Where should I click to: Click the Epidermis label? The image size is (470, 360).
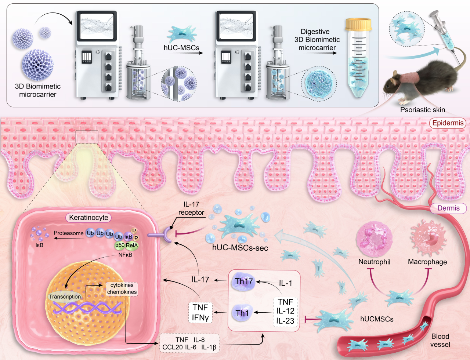(448, 123)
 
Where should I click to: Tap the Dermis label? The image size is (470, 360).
(448, 208)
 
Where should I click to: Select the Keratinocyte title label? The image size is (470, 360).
(88, 218)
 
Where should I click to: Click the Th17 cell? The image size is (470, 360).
(244, 281)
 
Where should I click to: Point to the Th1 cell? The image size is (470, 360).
(242, 313)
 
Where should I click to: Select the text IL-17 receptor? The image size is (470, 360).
(191, 208)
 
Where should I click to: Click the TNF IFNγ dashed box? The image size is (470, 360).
(200, 312)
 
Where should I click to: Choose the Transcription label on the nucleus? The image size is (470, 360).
(65, 297)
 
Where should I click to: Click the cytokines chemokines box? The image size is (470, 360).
(122, 288)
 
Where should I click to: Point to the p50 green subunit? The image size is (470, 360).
(120, 245)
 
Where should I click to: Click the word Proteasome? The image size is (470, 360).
(68, 233)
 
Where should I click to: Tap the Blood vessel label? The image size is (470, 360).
(440, 340)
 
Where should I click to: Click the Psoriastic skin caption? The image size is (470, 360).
(422, 110)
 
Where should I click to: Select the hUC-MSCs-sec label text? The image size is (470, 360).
(240, 248)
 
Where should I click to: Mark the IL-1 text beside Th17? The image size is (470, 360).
(285, 283)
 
